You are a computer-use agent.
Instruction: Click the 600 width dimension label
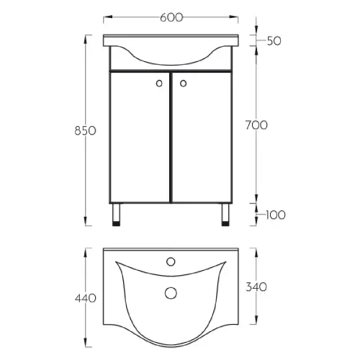pyautogui.click(x=171, y=17)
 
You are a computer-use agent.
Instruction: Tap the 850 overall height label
pyautogui.click(x=85, y=131)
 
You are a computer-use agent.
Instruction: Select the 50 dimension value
pyautogui.click(x=274, y=41)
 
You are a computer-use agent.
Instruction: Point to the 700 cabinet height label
pyautogui.click(x=256, y=125)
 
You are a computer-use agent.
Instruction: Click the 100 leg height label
pyautogui.click(x=276, y=215)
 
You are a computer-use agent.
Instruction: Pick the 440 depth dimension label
pyautogui.click(x=86, y=298)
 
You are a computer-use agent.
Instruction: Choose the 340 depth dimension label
pyautogui.click(x=256, y=287)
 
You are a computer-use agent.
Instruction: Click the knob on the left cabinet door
pyautogui.click(x=159, y=84)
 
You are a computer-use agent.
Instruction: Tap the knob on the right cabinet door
pyautogui.click(x=183, y=84)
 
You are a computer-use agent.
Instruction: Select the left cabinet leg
pyautogui.click(x=116, y=215)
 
